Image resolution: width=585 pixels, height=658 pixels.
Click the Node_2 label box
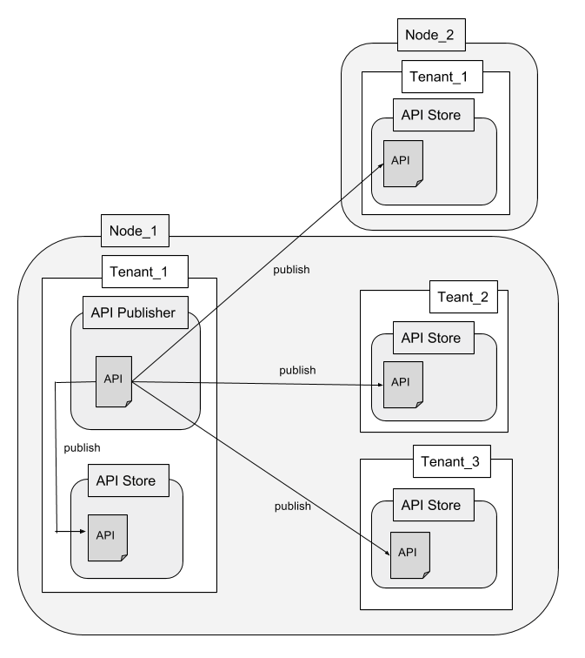(x=429, y=36)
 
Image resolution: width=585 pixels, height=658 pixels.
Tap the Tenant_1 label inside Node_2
(x=439, y=77)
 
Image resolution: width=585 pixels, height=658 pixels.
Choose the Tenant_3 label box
(x=450, y=460)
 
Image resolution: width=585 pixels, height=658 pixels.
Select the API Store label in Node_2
(x=425, y=114)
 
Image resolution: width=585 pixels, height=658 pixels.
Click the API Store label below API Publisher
(x=126, y=480)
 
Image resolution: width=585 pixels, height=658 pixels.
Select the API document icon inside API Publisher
(x=114, y=381)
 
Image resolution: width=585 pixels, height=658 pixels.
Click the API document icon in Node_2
(x=403, y=163)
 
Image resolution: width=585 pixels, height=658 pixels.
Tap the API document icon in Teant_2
(x=403, y=384)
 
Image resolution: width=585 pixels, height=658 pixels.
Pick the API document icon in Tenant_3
(x=409, y=554)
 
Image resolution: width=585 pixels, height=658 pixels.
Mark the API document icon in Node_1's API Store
(x=107, y=538)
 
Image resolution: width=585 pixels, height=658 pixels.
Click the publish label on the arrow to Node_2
(x=291, y=270)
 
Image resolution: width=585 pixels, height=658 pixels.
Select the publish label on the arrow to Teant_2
(x=297, y=370)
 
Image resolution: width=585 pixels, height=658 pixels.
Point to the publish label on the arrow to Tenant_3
(x=293, y=506)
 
